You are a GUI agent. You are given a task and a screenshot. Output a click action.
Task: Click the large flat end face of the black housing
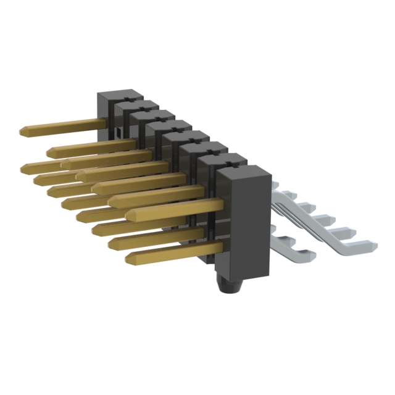click(x=245, y=222)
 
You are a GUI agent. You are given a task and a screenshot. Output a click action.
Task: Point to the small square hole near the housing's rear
click(x=115, y=133)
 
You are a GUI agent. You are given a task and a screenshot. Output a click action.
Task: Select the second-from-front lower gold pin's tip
click(x=112, y=243)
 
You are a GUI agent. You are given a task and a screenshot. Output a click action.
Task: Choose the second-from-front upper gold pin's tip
click(x=112, y=200)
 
